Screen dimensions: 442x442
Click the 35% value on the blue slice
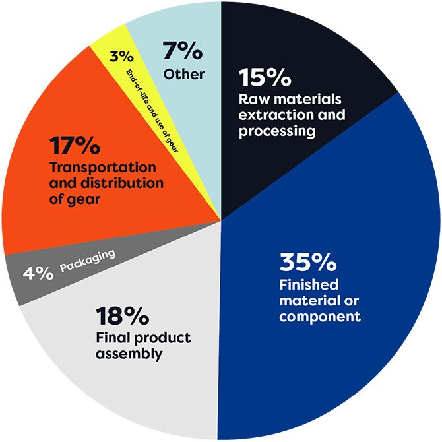[308, 263]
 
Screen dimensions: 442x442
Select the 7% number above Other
[181, 51]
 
